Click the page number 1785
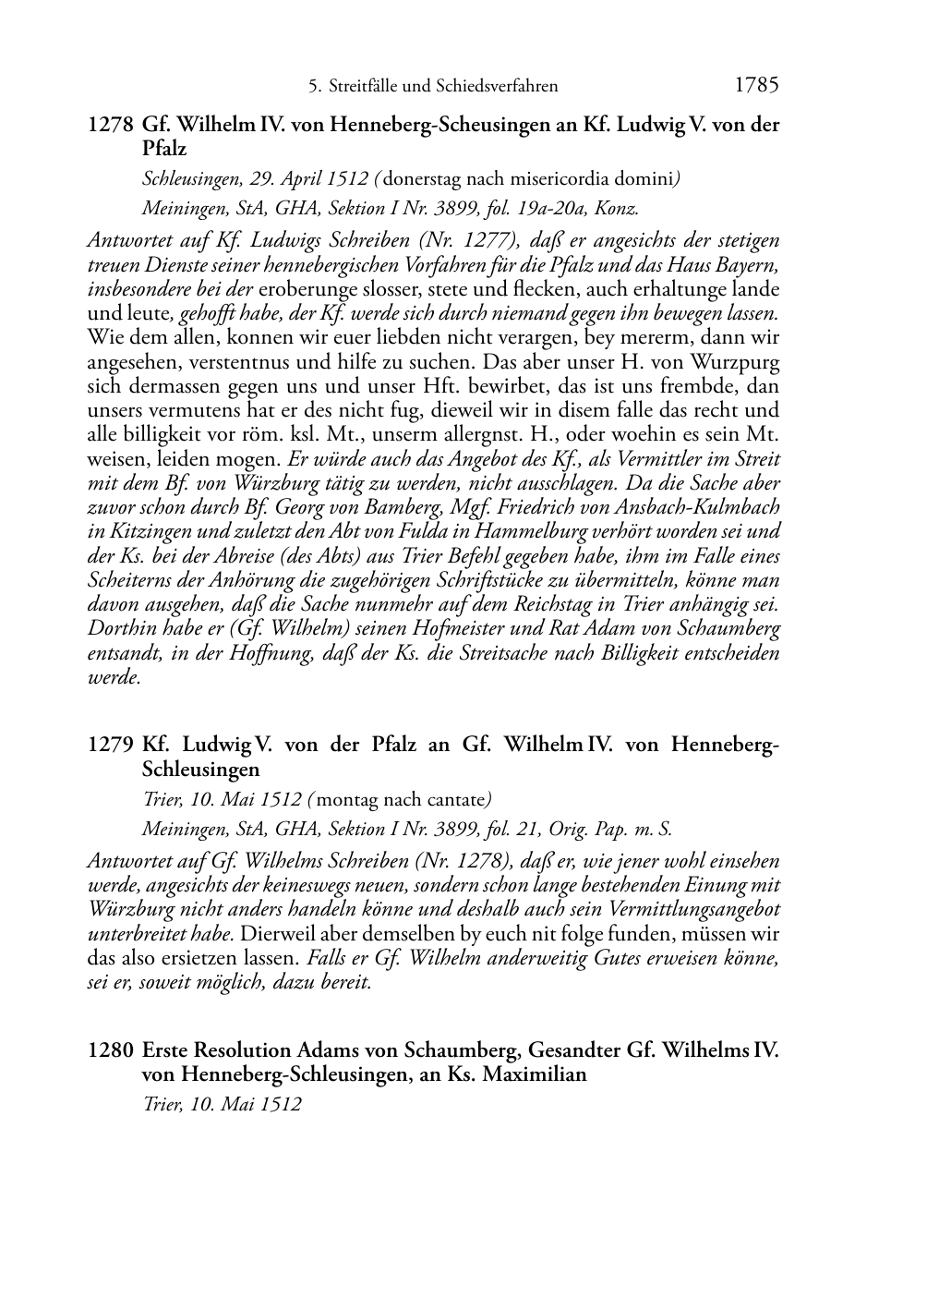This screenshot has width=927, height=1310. tap(757, 86)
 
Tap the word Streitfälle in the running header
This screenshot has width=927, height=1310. tap(367, 87)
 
